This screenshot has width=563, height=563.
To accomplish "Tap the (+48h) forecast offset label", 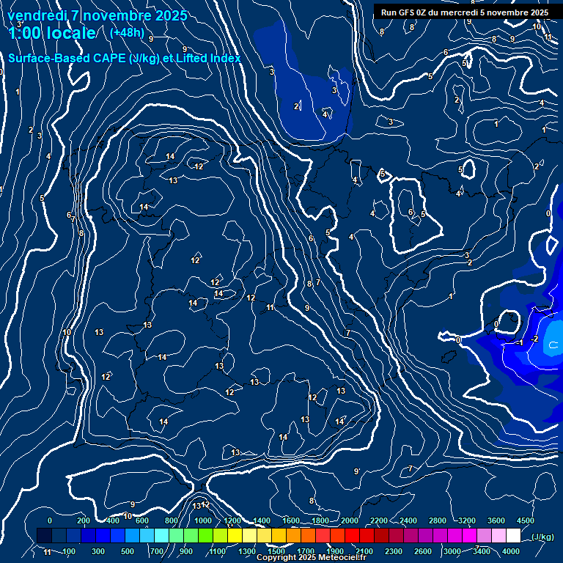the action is click(127, 32).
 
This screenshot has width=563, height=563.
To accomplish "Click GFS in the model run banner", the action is click(405, 12).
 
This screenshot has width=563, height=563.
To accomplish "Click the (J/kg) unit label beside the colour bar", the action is click(542, 537).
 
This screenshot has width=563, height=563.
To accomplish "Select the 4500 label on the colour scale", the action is click(525, 520).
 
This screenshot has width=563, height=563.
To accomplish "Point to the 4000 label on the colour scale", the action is click(511, 551).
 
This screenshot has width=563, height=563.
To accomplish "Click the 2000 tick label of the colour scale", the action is click(350, 520).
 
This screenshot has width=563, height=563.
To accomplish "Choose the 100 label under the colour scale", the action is click(69, 551).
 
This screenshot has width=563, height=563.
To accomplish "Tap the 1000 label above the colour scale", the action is click(203, 520).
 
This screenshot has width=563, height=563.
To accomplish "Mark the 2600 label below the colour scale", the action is click(423, 551).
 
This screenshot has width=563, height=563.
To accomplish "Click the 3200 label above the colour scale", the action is click(466, 520).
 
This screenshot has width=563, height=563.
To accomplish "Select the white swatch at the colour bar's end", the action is click(513, 536).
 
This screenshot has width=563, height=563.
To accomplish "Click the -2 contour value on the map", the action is click(534, 339).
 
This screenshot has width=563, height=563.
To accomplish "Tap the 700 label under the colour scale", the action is click(157, 551).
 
